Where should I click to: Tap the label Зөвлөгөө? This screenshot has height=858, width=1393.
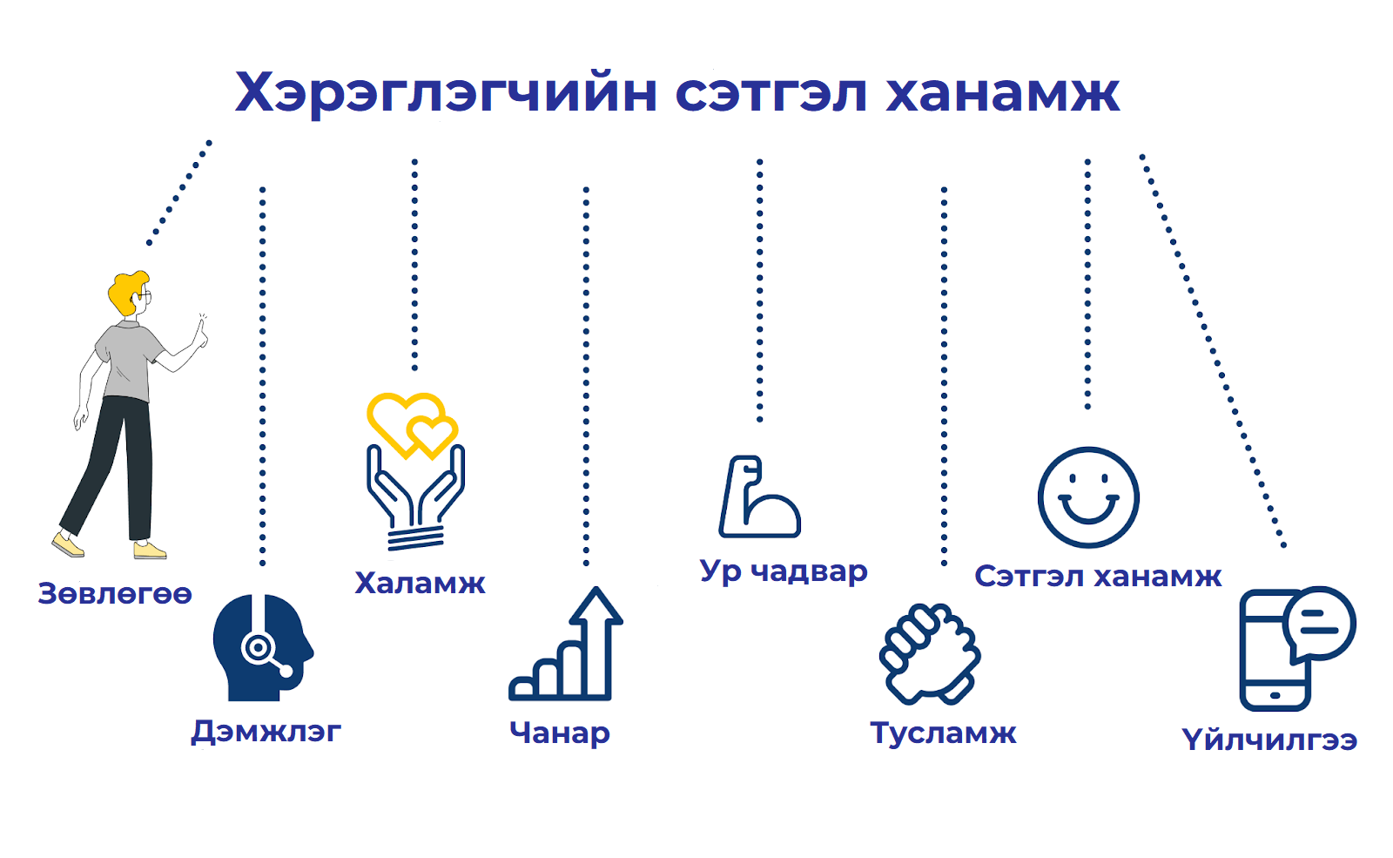pos(115,593)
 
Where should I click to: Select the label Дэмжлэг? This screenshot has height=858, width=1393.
pos(266,733)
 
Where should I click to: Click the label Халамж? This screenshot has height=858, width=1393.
pos(420,583)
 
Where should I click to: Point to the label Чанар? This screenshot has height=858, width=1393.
pos(560,733)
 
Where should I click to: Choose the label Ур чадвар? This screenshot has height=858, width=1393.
pos(784,571)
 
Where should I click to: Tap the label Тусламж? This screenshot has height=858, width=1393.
pos(944,733)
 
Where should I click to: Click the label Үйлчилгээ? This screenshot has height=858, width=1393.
pos(1269,740)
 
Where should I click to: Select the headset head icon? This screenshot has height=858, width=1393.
pos(262,647)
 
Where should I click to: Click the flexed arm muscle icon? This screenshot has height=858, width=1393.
pos(758,497)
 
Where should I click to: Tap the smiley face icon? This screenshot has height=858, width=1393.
pos(1088,497)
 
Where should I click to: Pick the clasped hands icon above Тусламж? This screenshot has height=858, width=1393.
pos(930,653)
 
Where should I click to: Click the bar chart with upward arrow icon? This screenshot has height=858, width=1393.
pos(566,644)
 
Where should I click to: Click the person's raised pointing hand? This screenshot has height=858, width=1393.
pos(201,333)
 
